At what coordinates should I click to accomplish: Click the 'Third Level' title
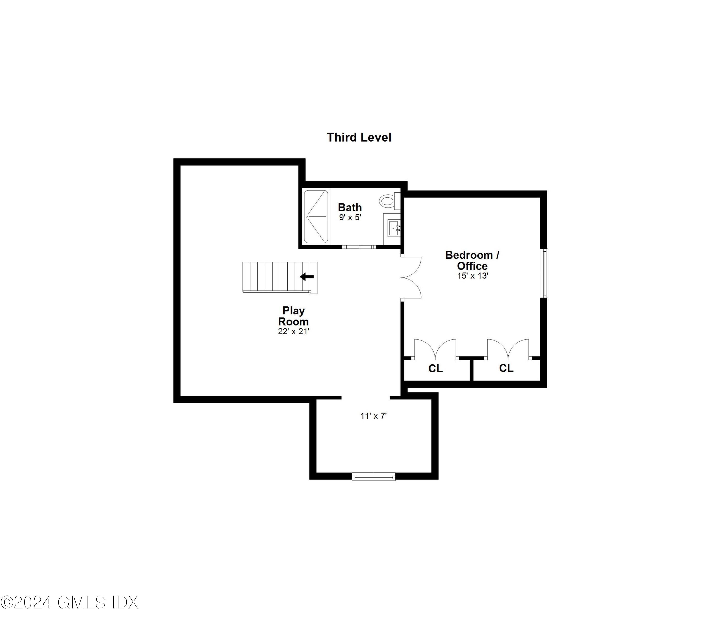point(359,137)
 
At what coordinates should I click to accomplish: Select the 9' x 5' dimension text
point(350,218)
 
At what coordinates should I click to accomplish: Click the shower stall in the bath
point(316,216)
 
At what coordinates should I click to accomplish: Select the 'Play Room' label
point(293,316)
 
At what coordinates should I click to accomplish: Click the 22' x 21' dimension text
point(293,331)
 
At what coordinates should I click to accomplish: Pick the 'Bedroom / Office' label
point(472,260)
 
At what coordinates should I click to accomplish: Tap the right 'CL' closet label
point(506,368)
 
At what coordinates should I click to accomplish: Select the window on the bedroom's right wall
point(544,273)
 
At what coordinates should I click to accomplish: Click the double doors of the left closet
point(435,349)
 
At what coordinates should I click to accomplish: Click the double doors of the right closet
point(508,349)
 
